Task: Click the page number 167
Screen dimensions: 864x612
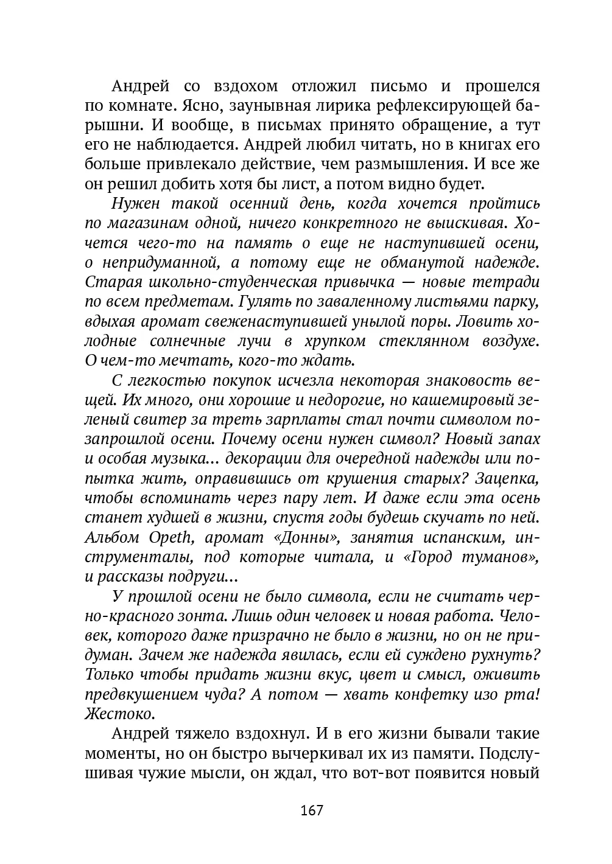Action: (x=311, y=810)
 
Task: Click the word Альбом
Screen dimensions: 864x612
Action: (x=113, y=538)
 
